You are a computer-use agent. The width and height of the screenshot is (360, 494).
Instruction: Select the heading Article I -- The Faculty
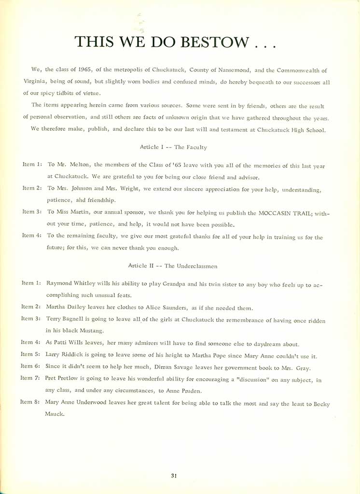[x=173, y=147]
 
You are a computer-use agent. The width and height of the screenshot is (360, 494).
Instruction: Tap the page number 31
[x=174, y=476]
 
